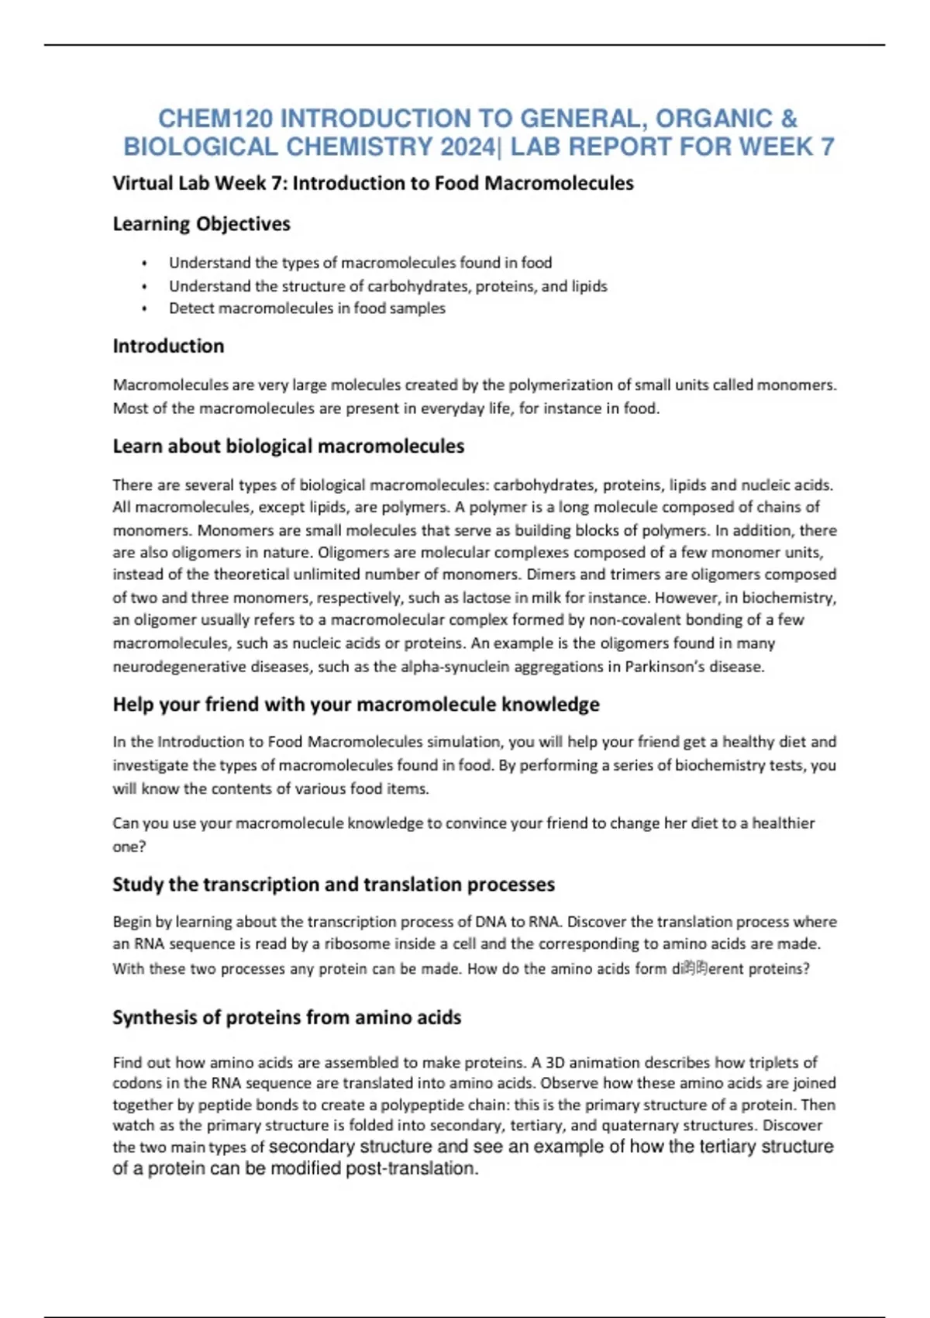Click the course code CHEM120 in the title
tap(215, 119)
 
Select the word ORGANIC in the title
tap(714, 119)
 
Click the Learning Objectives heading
tap(201, 224)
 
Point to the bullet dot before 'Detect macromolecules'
tap(144, 309)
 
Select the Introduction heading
tap(168, 346)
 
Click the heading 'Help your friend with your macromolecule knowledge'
tap(356, 704)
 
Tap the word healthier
tap(784, 823)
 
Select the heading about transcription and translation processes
tap(333, 885)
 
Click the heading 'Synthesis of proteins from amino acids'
tap(287, 1018)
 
